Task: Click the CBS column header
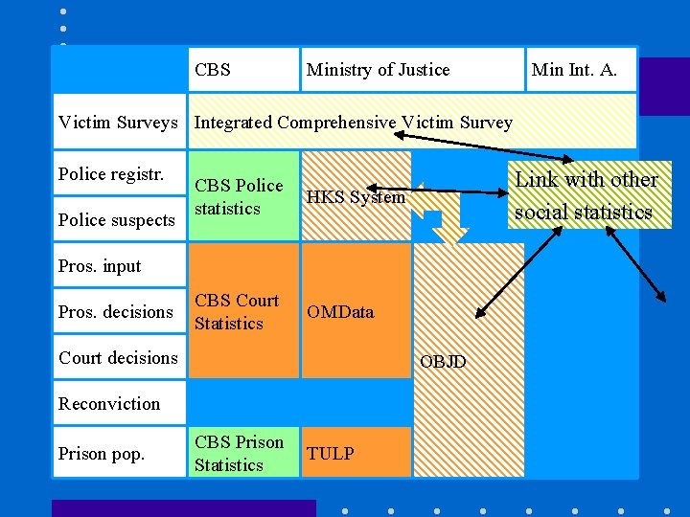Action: point(213,70)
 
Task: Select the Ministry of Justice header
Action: point(378,70)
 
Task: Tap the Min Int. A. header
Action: point(574,70)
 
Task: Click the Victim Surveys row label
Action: point(118,123)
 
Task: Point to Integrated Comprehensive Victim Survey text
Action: point(354,123)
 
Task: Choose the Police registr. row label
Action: point(111,174)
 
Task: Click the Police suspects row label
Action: point(117,220)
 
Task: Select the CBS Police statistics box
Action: point(240,196)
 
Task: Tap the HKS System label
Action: point(356,197)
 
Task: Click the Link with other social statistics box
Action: point(586,195)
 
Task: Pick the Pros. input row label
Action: point(100,266)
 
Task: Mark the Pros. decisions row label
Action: point(116,312)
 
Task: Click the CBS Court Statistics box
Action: point(237,312)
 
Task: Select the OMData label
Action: point(340,312)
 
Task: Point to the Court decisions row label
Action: point(118,358)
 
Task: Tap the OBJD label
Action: point(443,362)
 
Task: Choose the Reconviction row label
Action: point(109,404)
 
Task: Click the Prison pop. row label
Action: point(102,454)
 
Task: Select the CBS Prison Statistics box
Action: point(240,454)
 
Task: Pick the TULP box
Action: point(331,454)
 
